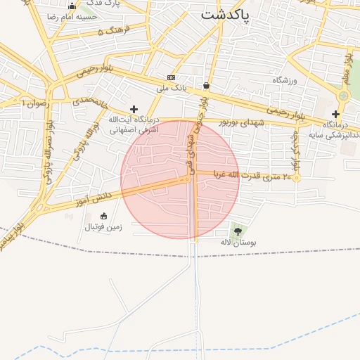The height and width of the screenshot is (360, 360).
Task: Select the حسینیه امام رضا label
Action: coord(71,16)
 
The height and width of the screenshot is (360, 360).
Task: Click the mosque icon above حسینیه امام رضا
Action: coord(71,6)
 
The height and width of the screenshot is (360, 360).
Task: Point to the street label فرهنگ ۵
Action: coord(110,32)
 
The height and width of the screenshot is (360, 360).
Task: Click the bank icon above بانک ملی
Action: coord(171,77)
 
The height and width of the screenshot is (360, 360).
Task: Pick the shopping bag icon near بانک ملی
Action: coord(205,85)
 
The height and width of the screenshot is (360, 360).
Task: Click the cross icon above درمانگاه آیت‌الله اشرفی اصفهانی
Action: coord(134,109)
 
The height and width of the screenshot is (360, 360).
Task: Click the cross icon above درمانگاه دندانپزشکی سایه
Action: coord(335,114)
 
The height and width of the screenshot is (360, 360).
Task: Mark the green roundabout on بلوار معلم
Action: coord(344,96)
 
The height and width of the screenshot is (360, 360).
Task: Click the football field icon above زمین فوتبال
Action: coord(104,216)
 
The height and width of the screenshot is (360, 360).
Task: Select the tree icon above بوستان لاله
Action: coord(237,231)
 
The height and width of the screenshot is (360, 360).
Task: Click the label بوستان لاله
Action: coord(238,242)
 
